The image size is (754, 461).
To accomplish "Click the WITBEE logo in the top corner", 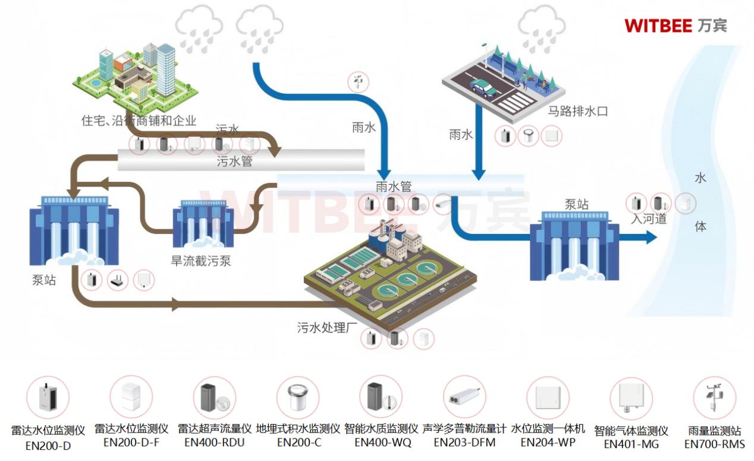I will coord(676,25).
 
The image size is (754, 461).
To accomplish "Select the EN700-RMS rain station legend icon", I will coord(714,398).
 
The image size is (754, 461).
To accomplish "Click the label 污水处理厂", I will coord(322,327).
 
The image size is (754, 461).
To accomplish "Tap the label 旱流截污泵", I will coord(201,260).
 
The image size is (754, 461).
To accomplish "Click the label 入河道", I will coord(649,219).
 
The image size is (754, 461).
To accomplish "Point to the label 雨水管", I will coord(394,186).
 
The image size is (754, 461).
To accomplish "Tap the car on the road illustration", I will coord(483,88).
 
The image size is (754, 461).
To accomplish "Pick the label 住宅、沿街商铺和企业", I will coord(139,121).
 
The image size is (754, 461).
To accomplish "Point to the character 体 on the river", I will coord(700,226).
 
